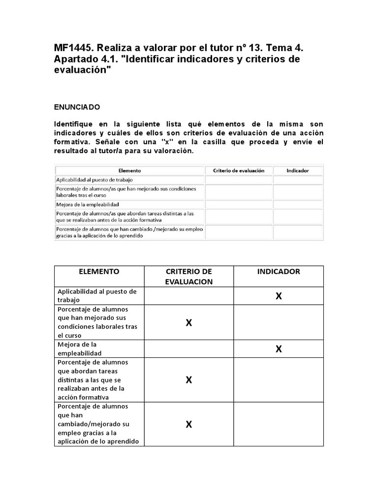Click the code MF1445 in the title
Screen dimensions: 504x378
[72, 48]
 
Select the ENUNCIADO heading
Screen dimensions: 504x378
[77, 106]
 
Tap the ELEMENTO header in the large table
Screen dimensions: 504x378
[98, 272]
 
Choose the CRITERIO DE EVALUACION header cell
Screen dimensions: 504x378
[189, 277]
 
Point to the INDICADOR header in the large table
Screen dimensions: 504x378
[279, 272]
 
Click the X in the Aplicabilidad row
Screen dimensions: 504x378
[279, 296]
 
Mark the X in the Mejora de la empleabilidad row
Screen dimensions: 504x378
[279, 349]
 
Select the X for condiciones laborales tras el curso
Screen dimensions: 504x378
[189, 322]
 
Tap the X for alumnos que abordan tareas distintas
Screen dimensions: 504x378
[189, 379]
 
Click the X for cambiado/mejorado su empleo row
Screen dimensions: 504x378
[189, 424]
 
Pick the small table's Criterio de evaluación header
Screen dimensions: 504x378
[239, 170]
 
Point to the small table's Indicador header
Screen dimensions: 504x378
[298, 170]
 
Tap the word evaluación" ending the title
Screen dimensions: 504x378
[83, 70]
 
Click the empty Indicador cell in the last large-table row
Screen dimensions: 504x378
[279, 424]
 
